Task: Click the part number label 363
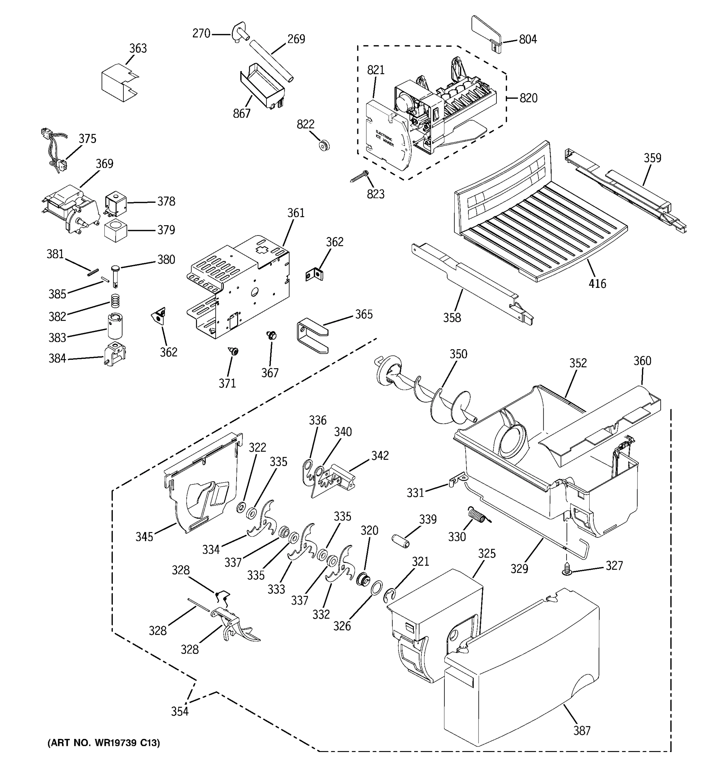pyautogui.click(x=138, y=49)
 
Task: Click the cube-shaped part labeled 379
pyautogui.click(x=116, y=230)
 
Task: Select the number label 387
pyautogui.click(x=582, y=731)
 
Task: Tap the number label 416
pyautogui.click(x=597, y=284)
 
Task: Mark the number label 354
pyautogui.click(x=180, y=712)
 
